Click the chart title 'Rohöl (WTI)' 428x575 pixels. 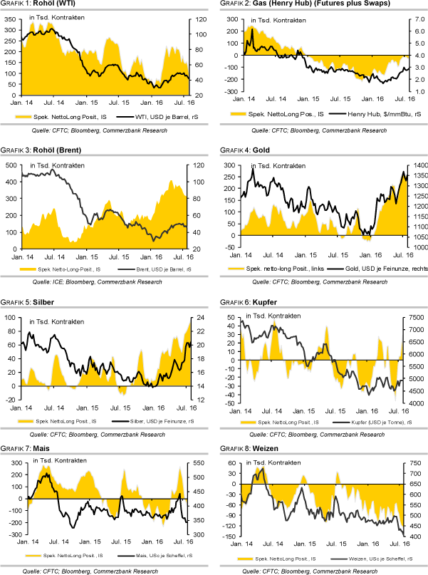[58, 4]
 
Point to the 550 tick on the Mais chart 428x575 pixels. [193, 461]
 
